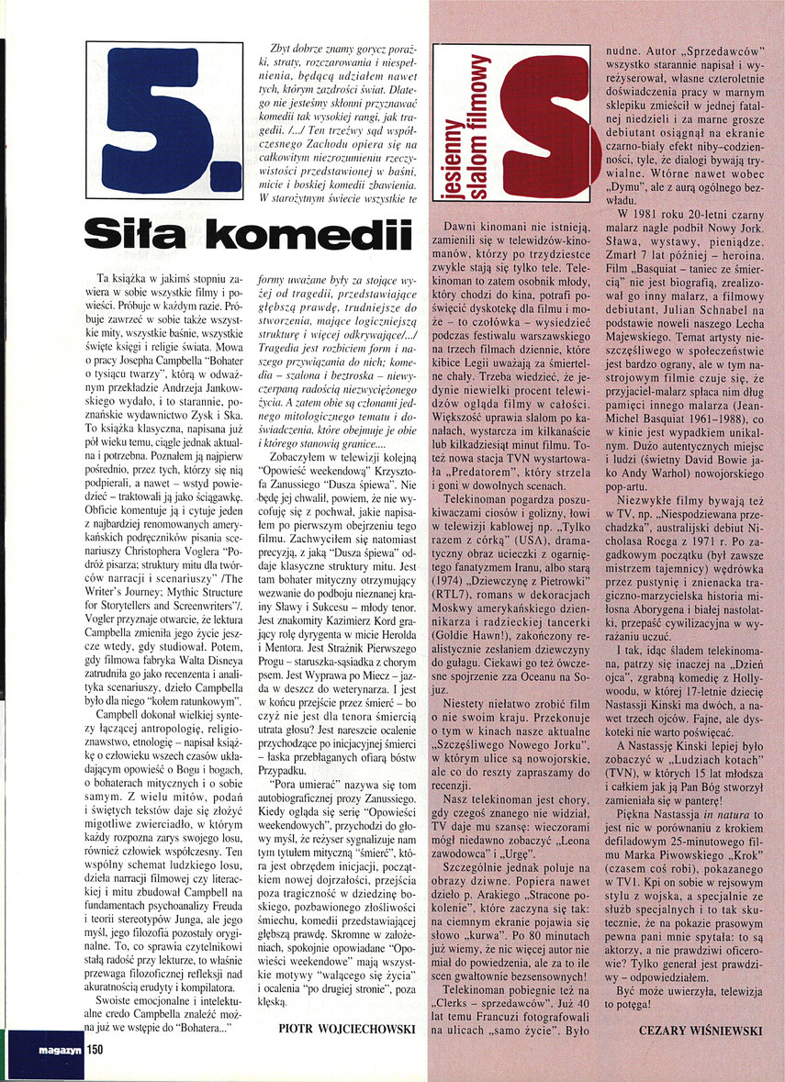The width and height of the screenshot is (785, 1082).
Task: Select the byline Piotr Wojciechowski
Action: pos(345,1029)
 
